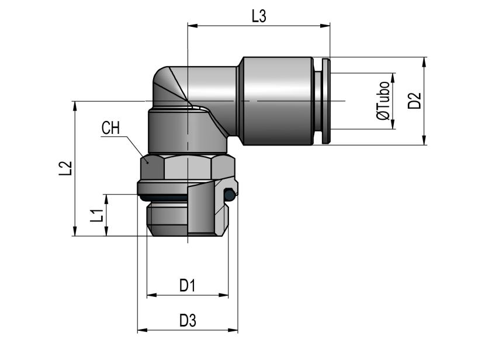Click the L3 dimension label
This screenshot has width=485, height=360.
tap(259, 16)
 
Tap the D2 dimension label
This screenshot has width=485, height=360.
tap(415, 101)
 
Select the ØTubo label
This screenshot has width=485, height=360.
tap(383, 101)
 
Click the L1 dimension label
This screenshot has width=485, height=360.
tap(97, 216)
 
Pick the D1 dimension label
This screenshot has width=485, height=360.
tap(187, 286)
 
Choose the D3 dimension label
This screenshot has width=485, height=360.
tap(187, 321)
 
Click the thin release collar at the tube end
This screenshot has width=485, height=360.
tap(326, 101)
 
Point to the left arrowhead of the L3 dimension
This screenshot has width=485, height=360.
tap(191, 25)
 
